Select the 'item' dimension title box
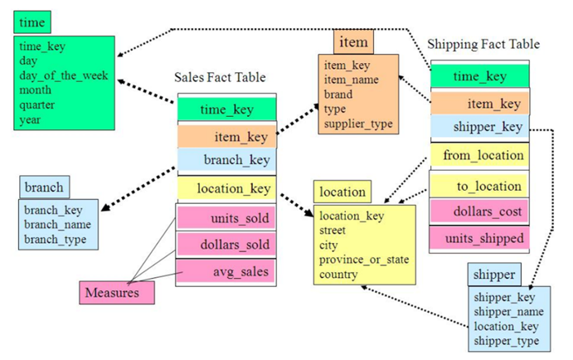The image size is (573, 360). coord(354,41)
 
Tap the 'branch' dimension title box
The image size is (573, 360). coord(44,187)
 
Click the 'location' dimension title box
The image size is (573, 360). coord(342,192)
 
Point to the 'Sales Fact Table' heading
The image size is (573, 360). coord(220,77)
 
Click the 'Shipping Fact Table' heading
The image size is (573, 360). coord(483,44)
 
